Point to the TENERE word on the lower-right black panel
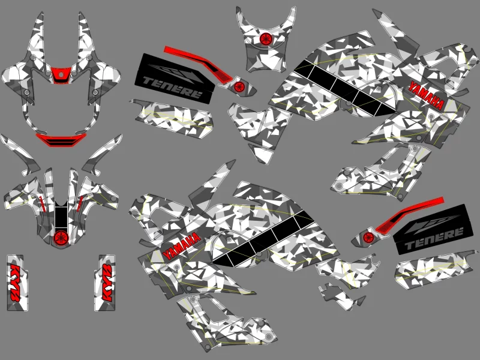pos(433,238)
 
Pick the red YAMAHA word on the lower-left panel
pos(182,245)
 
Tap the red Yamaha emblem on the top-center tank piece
pos(266,38)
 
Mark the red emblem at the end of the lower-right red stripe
pos(368,236)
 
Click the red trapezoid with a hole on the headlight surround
pos(61,75)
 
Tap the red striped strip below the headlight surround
pos(61,140)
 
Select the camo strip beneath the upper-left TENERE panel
pos(172,118)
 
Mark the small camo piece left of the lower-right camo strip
pos(341,296)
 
